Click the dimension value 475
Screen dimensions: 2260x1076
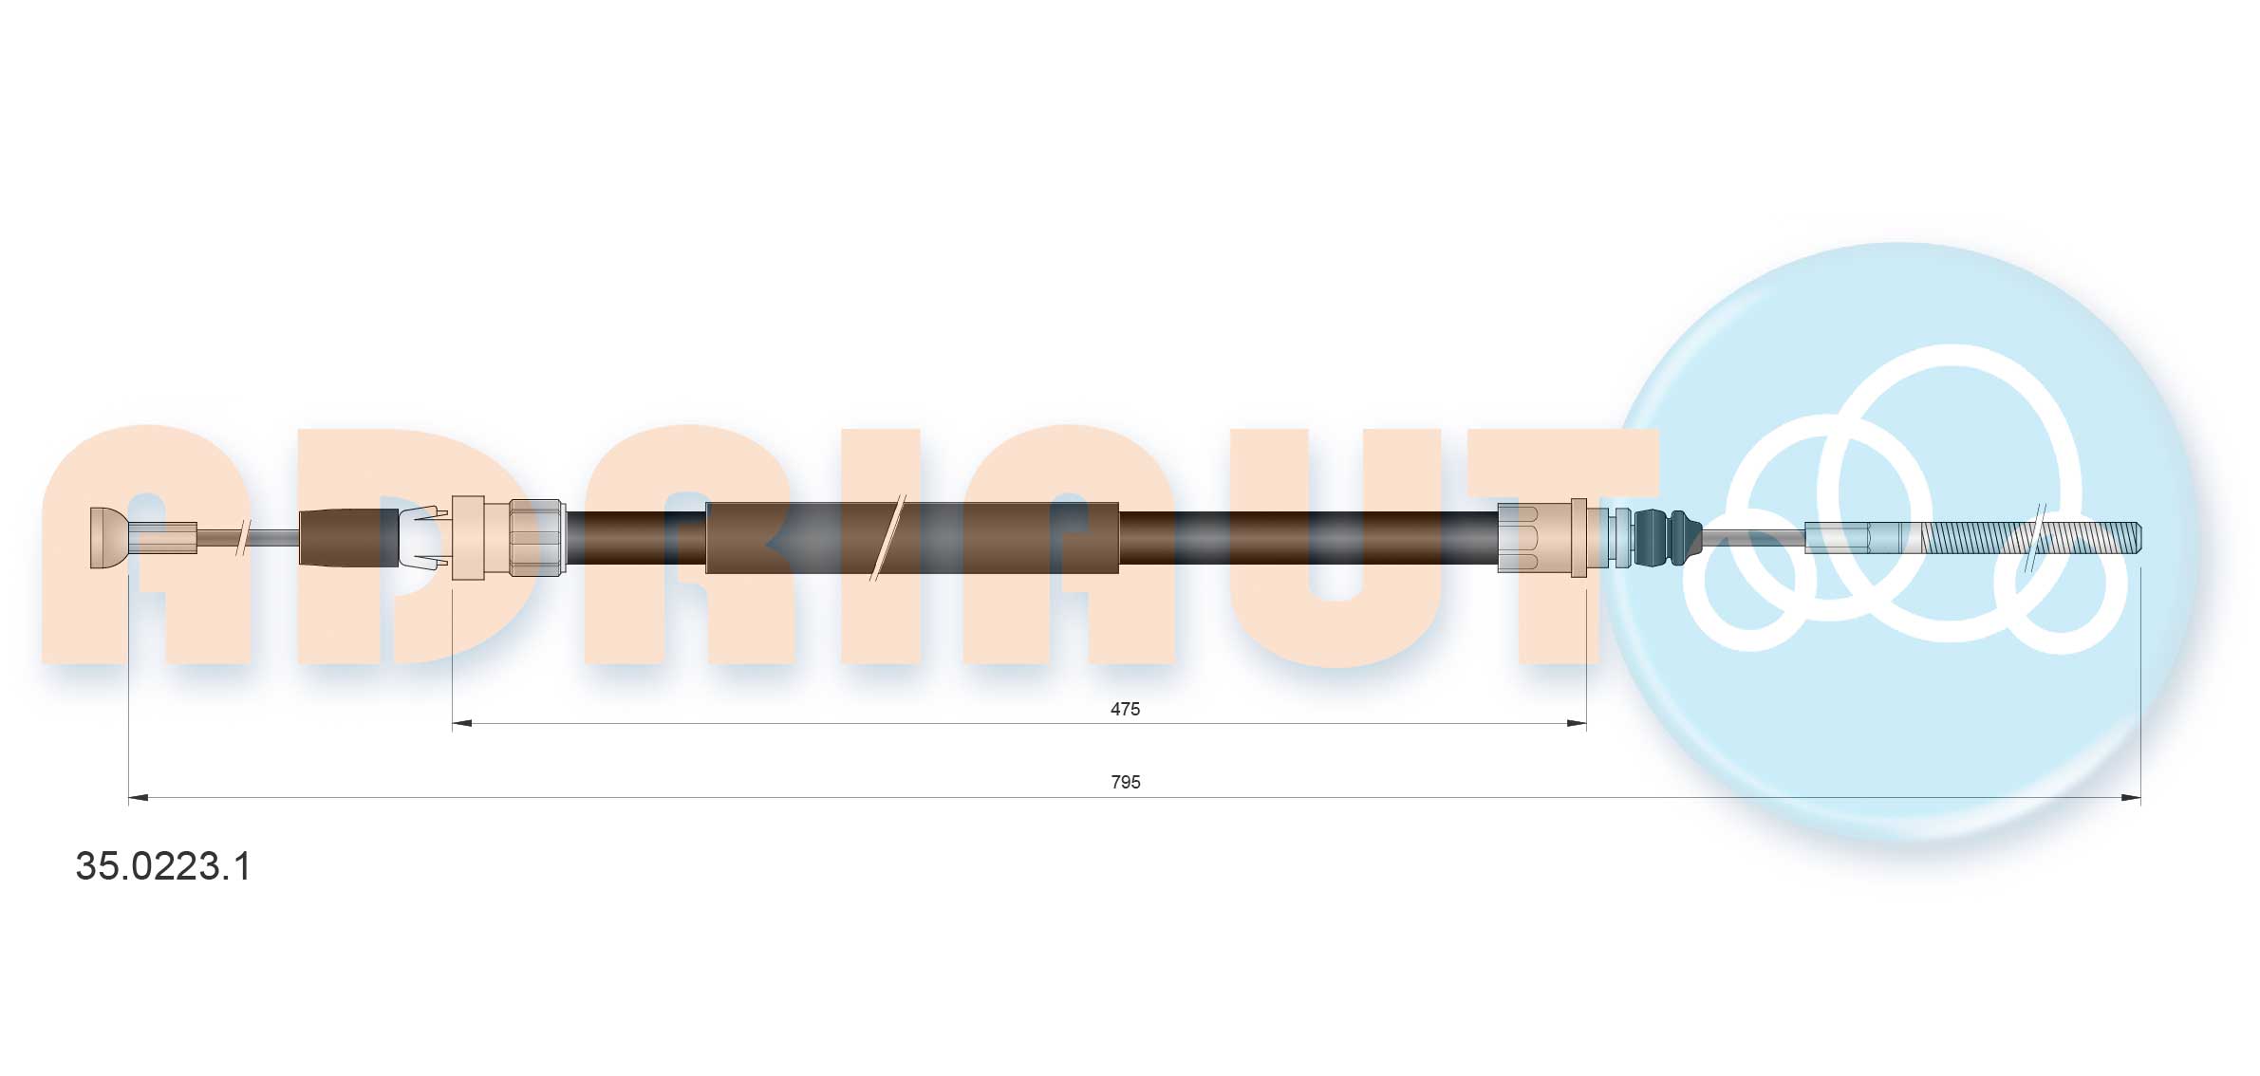[x=1125, y=709]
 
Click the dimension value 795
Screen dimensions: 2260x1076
[x=1125, y=782]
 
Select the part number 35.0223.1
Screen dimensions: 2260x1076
[x=163, y=866]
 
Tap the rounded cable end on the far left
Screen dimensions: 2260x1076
[x=108, y=538]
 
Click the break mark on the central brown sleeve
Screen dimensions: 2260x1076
[x=888, y=537]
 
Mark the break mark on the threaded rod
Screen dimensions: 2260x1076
[x=2033, y=537]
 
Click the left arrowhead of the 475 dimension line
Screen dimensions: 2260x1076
[x=461, y=724]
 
